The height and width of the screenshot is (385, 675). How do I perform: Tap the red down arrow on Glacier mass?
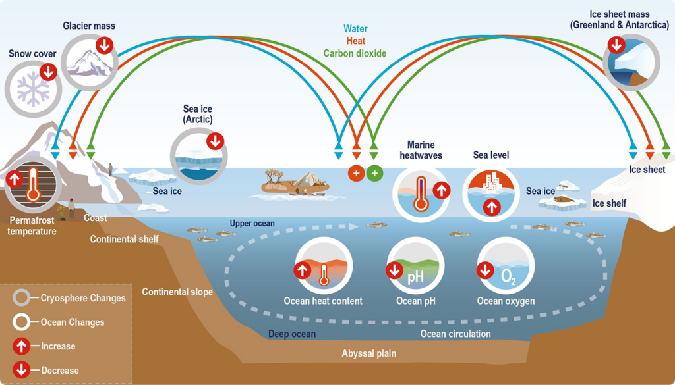pos(105,45)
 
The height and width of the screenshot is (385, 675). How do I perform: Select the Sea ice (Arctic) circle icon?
pos(199,156)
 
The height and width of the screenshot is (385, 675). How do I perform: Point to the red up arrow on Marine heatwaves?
pos(441,191)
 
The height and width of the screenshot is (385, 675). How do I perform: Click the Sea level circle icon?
pos(491,193)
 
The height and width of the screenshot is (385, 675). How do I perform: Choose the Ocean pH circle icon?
pos(415,265)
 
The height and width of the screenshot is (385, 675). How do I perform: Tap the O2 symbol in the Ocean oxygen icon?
pos(508,277)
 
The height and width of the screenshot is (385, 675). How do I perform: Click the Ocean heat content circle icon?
pos(324,265)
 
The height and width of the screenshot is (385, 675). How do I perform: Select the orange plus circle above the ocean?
pos(357,174)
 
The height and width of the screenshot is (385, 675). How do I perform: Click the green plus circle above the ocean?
pos(375,174)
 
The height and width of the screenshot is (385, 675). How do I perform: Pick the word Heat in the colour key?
pos(355,41)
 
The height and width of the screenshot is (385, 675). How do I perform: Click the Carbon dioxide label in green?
pos(355,53)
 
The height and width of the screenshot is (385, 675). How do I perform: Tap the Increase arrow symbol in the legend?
pos(21,346)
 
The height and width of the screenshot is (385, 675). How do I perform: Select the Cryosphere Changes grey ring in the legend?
pos(21,297)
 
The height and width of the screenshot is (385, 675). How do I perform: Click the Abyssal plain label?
pos(369,353)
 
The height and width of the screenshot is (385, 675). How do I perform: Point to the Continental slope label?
pos(177,292)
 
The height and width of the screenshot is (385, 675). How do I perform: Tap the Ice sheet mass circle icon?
pos(631,63)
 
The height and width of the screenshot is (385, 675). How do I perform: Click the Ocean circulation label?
pos(455,334)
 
